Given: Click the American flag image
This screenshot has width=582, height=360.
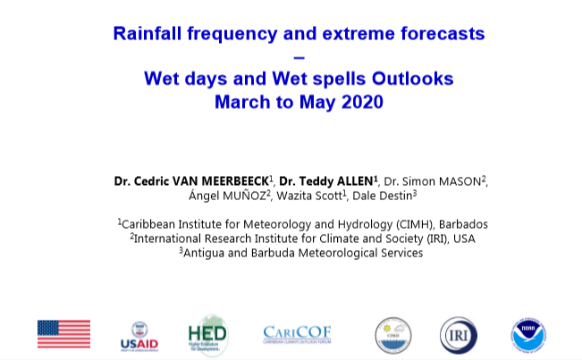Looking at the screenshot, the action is point(63,334).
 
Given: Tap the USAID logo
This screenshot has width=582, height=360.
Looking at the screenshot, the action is point(139,337).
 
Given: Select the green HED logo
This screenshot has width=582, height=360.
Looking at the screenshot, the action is point(207,335).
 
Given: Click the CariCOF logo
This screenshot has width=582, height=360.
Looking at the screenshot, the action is point(297,335).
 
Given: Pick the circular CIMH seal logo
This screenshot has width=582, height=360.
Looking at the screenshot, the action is point(393,335).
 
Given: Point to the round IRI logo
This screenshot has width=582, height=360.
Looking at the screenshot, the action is point(459,335).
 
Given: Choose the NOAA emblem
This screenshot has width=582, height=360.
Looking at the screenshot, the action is point(528,335).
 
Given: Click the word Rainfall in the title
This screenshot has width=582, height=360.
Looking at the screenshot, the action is point(147,33).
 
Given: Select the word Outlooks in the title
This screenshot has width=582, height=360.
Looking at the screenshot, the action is point(413,79).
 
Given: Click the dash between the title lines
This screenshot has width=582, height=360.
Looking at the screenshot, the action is point(299,57).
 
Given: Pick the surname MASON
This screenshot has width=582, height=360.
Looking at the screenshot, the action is point(460,181).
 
